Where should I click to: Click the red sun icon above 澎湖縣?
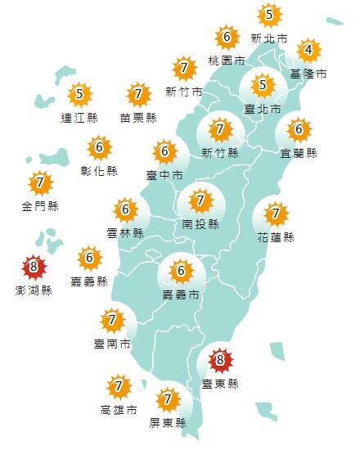[34, 267]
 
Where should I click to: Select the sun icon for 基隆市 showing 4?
[308, 51]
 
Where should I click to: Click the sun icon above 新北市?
[269, 15]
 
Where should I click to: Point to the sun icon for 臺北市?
[263, 84]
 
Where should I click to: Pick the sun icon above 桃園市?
[226, 38]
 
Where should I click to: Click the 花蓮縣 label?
[277, 237]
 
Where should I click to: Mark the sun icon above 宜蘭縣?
[298, 129]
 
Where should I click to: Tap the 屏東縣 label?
[169, 423]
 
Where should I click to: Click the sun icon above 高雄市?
[119, 386]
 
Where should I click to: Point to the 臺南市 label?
[114, 344]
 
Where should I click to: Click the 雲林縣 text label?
[126, 233]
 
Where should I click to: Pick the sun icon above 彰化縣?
[100, 149]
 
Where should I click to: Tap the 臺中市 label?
[165, 175]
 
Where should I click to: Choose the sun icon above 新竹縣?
[219, 129]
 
